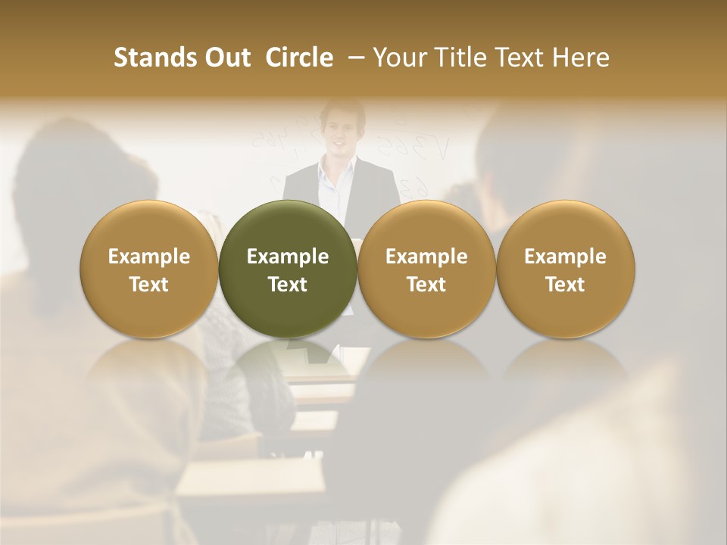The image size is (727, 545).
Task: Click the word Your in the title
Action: pyautogui.click(x=399, y=58)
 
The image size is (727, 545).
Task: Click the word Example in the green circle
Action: pyautogui.click(x=288, y=257)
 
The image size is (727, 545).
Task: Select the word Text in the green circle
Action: pyautogui.click(x=288, y=285)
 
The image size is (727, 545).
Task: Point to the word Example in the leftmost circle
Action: pyautogui.click(x=149, y=257)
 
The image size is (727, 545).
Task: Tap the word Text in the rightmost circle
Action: pyautogui.click(x=565, y=285)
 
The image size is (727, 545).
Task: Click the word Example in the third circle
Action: pyautogui.click(x=426, y=257)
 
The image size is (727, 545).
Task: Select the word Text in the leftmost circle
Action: pyautogui.click(x=149, y=285)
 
